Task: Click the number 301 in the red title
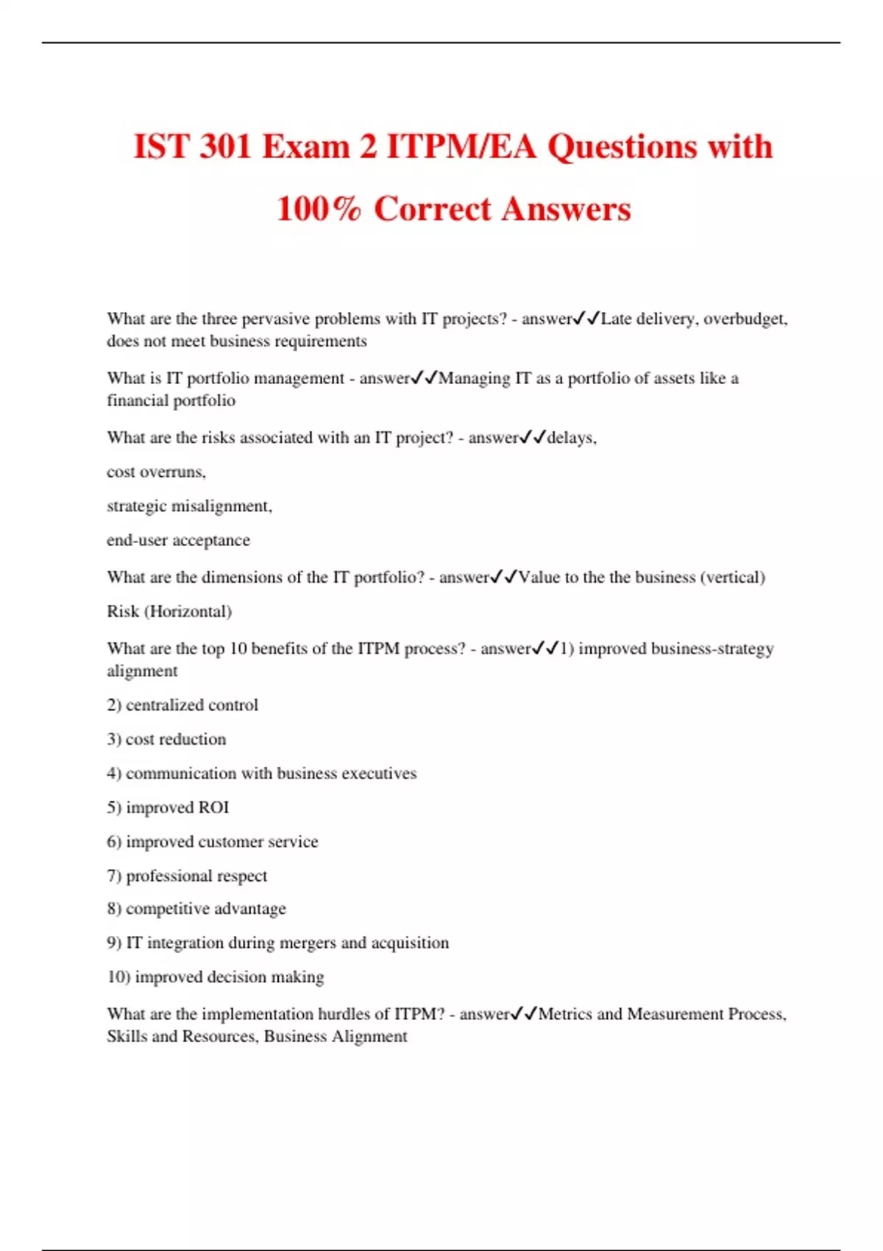[226, 146]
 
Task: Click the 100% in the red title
[319, 208]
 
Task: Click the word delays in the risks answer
[570, 438]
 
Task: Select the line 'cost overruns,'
[156, 472]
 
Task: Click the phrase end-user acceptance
[178, 540]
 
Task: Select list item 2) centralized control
[182, 705]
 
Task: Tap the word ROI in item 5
[213, 807]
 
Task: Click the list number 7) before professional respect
[114, 876]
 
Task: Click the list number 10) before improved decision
[118, 977]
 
